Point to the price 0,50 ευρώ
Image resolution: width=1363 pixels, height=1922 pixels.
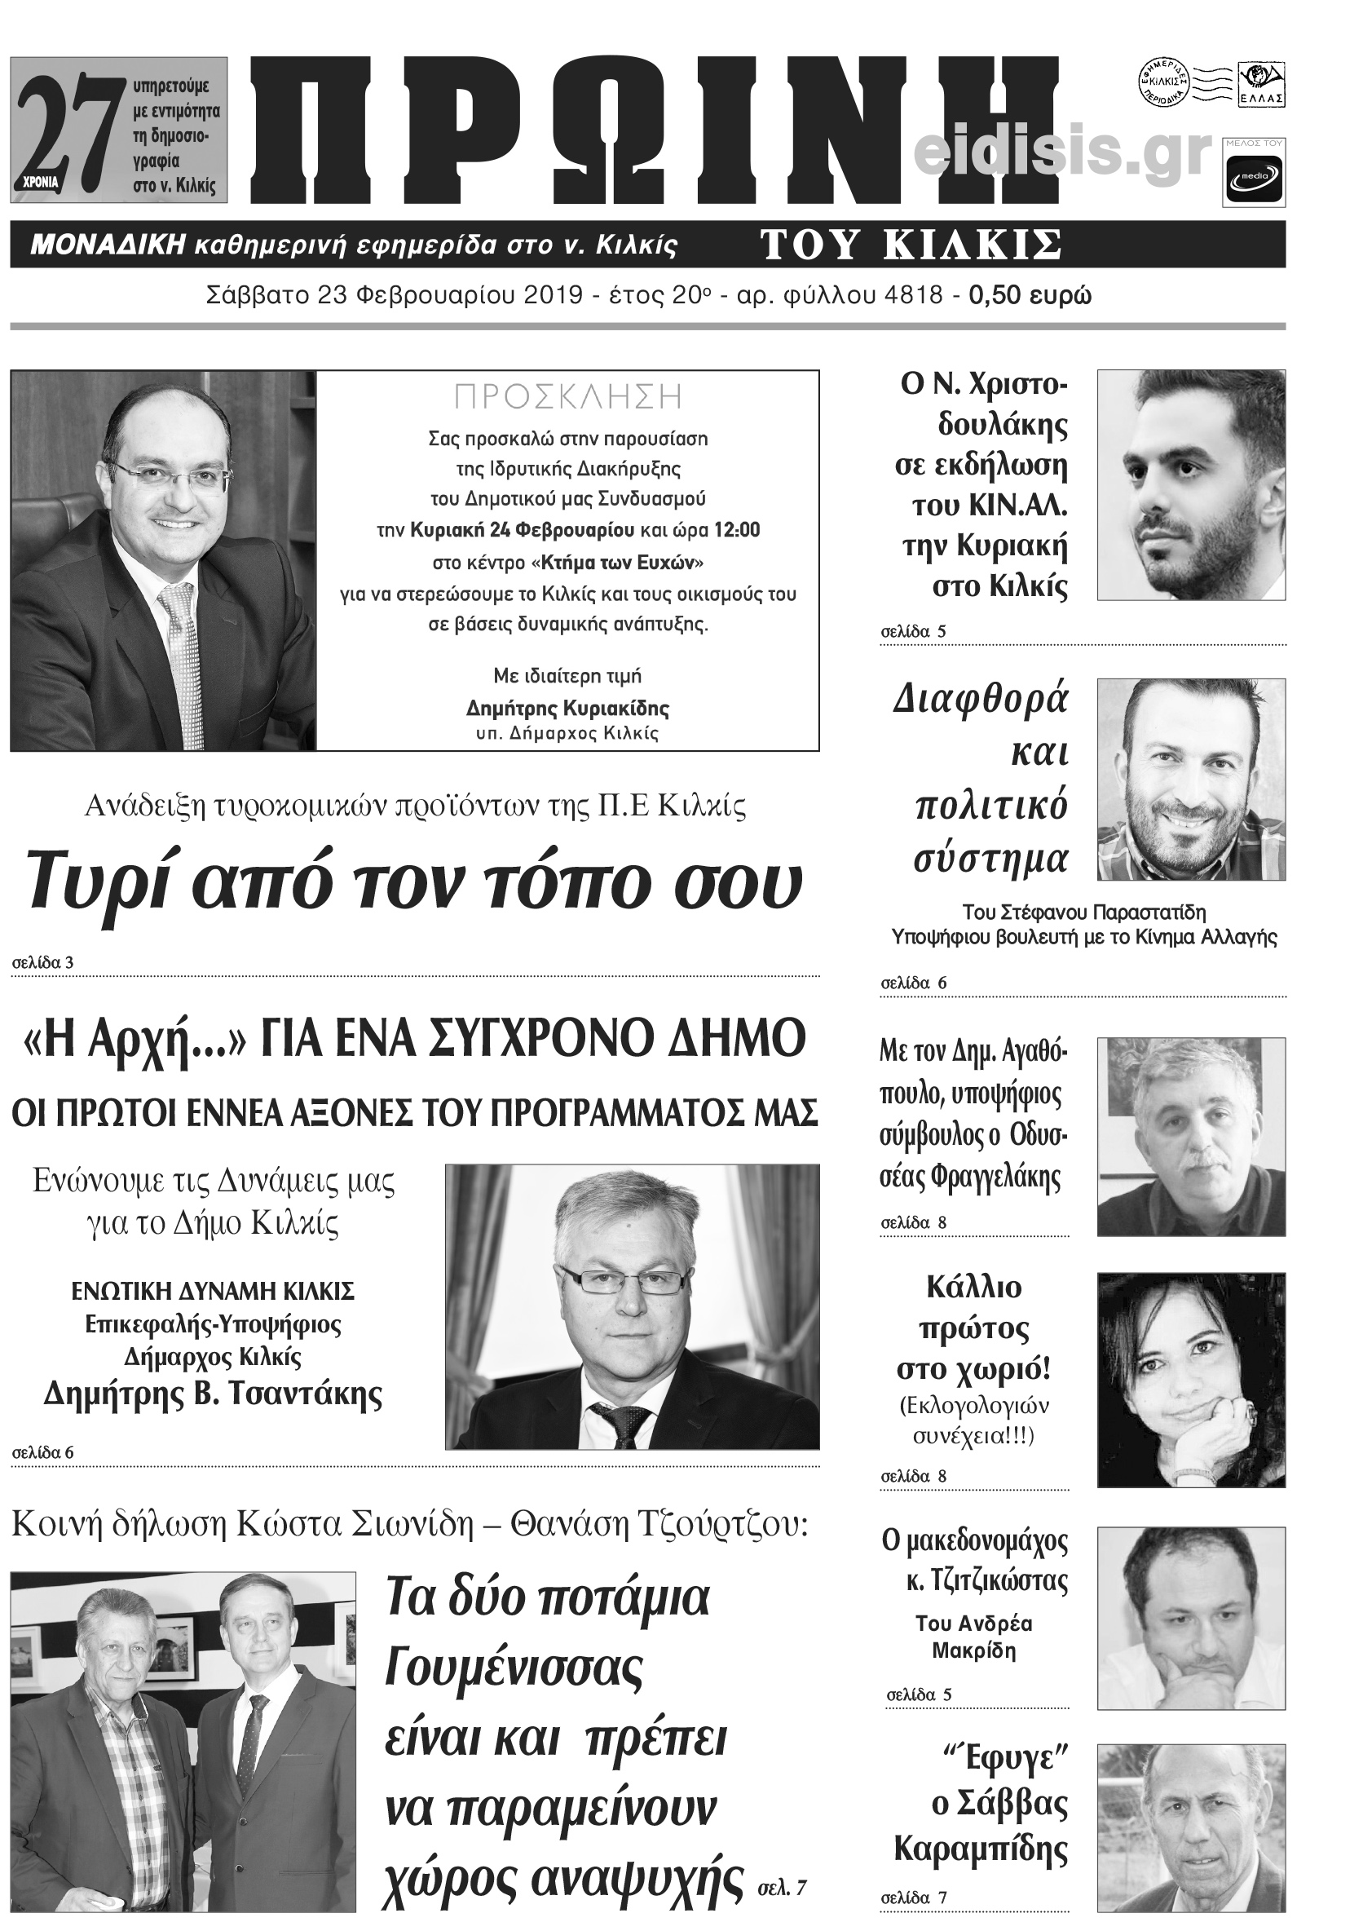pyautogui.click(x=1030, y=296)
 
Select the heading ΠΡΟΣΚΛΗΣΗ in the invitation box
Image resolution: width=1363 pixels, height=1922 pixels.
pyautogui.click(x=567, y=397)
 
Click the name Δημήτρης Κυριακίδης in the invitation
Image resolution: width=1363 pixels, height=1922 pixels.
pyautogui.click(x=567, y=709)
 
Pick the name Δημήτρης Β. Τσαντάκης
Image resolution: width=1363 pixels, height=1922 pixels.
pyautogui.click(x=212, y=1394)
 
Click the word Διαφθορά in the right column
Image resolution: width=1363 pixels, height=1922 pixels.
pyautogui.click(x=981, y=699)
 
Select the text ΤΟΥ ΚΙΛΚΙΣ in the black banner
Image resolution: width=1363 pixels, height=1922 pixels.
pyautogui.click(x=911, y=245)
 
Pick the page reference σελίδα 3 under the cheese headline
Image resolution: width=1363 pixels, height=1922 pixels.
pyautogui.click(x=43, y=963)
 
